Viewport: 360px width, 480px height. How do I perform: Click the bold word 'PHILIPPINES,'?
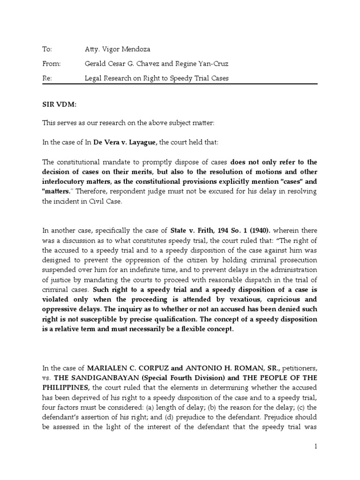[67, 387]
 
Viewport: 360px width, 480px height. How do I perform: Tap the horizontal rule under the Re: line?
[180, 85]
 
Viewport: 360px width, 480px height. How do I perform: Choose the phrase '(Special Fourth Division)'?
[169, 378]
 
